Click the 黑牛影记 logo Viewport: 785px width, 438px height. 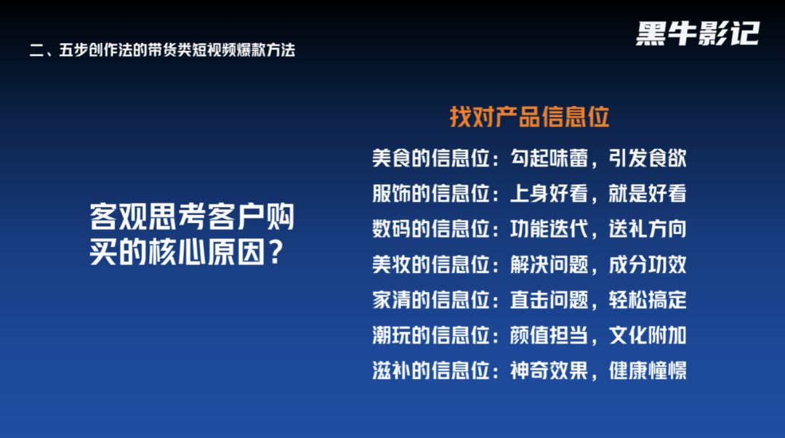[x=697, y=33]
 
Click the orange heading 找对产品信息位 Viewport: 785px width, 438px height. [x=529, y=117]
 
